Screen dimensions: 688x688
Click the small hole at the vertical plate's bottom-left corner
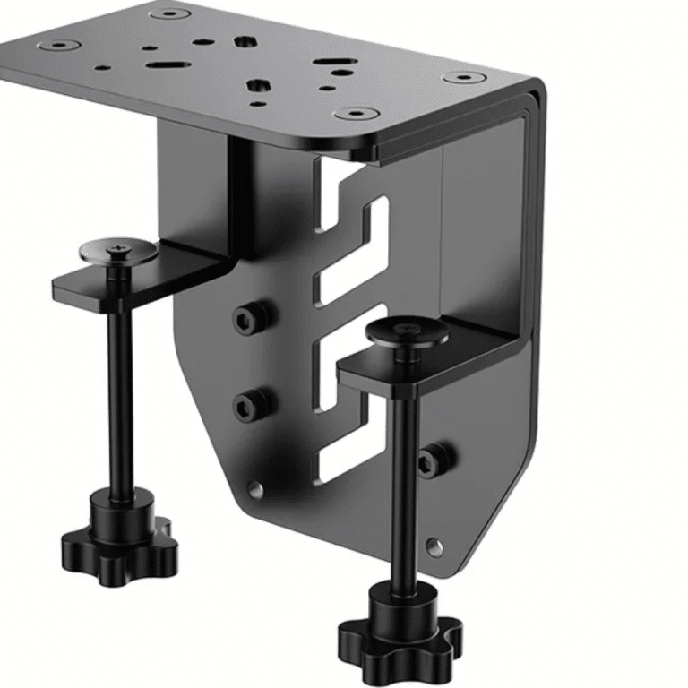[256, 489]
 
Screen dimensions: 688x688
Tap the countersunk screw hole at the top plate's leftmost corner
[62, 44]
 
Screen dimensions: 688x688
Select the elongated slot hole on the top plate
[167, 64]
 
